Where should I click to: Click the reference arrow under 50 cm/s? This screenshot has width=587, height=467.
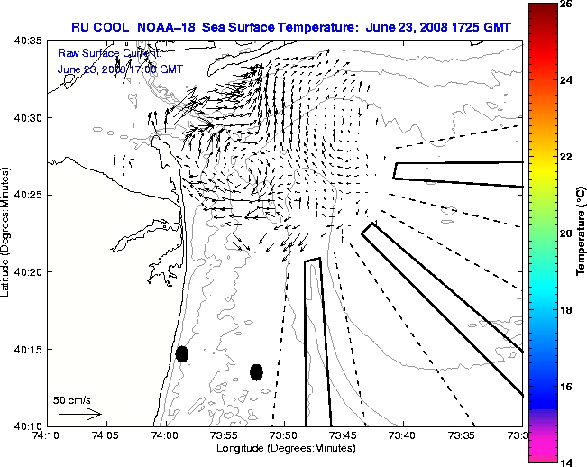[x=79, y=415]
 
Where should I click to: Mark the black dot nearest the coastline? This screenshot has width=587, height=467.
[x=182, y=353]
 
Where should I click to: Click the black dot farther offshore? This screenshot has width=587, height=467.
[x=256, y=371]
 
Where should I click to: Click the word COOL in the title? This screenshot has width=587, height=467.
[x=115, y=27]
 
